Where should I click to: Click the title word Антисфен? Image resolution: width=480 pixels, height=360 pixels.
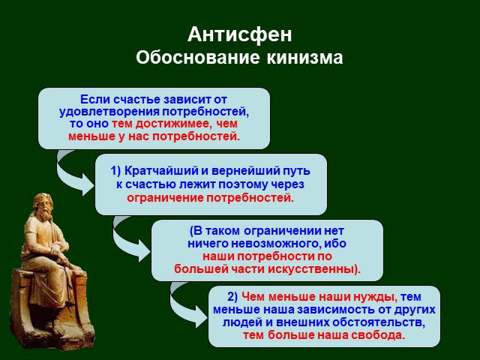(240, 34)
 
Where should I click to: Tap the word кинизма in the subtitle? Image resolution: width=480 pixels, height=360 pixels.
(304, 57)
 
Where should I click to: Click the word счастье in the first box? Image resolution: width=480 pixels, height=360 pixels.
(136, 100)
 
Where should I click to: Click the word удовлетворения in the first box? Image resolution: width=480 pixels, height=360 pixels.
(109, 112)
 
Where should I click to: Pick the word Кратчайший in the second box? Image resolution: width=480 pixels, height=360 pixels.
(161, 171)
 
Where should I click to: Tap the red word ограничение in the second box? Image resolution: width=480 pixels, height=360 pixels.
(165, 198)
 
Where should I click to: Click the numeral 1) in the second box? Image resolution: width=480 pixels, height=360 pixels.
(116, 171)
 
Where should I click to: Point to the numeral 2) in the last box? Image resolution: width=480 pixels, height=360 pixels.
(232, 297)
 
